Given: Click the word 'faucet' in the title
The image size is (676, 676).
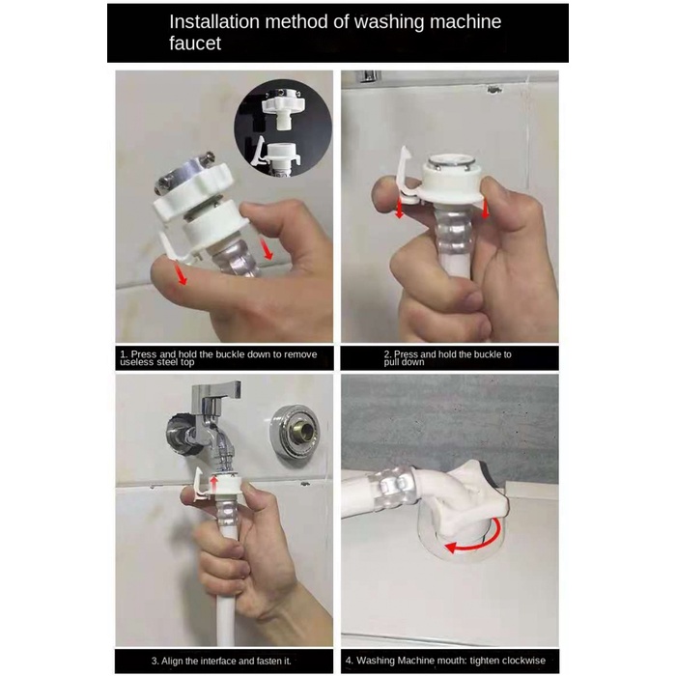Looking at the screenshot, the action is tap(195, 43).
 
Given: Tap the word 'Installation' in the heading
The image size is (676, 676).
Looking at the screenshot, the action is tap(214, 21).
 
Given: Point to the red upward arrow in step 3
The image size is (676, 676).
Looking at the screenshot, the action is tap(213, 484).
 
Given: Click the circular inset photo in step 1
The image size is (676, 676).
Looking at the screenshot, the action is tap(283, 128).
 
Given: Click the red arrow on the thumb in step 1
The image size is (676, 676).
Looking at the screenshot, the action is tap(182, 273).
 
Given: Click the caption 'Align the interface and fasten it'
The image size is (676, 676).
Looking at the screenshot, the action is tap(221, 661).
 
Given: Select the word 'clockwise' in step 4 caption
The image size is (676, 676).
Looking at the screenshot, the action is tap(521, 660).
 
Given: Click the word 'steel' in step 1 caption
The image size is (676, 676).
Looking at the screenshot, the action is tap(166, 362).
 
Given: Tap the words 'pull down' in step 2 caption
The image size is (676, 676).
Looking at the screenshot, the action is tap(404, 362).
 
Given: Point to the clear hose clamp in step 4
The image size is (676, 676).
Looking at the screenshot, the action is tap(390, 486).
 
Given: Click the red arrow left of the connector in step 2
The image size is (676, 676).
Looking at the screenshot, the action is tap(400, 208).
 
